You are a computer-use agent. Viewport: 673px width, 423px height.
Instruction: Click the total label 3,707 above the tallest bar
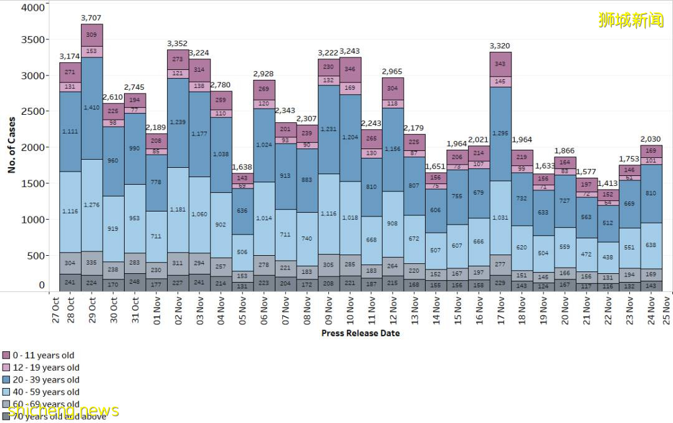pyautogui.click(x=92, y=17)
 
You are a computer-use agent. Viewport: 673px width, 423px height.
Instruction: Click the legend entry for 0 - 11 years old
pyautogui.click(x=43, y=356)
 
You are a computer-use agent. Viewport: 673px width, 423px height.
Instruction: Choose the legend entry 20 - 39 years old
pyautogui.click(x=45, y=380)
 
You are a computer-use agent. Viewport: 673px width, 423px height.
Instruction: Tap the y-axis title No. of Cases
pyautogui.click(x=11, y=145)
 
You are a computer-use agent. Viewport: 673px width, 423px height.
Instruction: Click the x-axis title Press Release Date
pyautogui.click(x=360, y=333)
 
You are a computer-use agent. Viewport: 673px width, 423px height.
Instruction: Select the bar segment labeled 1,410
pyautogui.click(x=92, y=108)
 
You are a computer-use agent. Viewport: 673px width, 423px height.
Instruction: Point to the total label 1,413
pyautogui.click(x=608, y=183)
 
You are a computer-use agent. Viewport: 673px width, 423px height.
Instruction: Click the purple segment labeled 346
pyautogui.click(x=350, y=69)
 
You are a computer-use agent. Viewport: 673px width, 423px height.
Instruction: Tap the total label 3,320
pyautogui.click(x=500, y=46)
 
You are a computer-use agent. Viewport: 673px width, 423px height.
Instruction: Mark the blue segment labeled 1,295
pyautogui.click(x=500, y=134)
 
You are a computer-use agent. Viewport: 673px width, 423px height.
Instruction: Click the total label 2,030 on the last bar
pyautogui.click(x=651, y=139)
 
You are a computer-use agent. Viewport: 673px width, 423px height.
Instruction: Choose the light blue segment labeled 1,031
pyautogui.click(x=500, y=218)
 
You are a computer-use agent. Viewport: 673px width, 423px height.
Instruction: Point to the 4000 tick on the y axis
pyautogui.click(x=33, y=8)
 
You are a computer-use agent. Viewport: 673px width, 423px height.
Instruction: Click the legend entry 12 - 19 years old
pyautogui.click(x=45, y=367)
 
